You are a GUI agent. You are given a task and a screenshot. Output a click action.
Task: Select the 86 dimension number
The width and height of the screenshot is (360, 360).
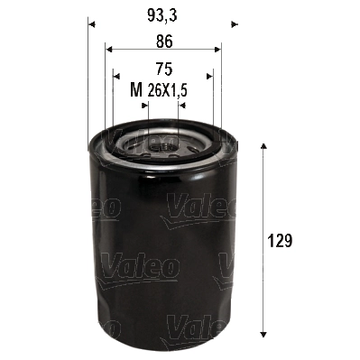tap(162, 40)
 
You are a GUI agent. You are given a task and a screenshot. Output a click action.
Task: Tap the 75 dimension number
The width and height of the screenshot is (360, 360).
tap(163, 68)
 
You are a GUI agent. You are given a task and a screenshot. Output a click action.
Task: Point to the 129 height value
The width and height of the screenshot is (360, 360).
tap(282, 242)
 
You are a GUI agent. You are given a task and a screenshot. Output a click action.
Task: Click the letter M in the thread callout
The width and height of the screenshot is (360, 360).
tap(136, 89)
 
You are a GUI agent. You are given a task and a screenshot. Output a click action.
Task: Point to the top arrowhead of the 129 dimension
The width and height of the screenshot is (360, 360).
tap(263, 147)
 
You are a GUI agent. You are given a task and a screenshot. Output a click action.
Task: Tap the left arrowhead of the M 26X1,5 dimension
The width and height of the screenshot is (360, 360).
tap(146, 106)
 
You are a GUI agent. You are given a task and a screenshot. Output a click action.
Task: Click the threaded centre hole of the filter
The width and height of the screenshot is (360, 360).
tap(162, 143)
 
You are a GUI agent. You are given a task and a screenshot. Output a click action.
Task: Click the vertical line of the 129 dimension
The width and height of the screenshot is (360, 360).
tap(263, 208)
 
